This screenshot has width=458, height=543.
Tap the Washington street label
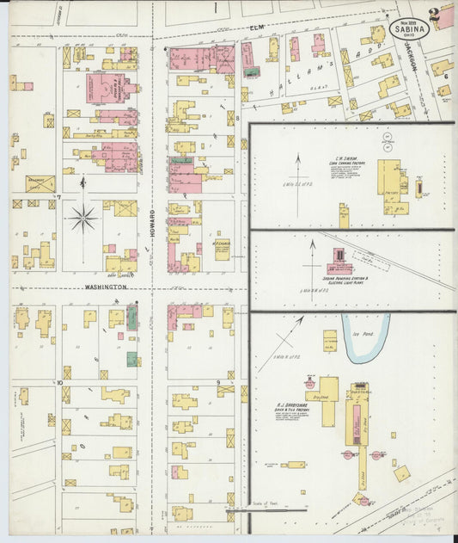(x=106, y=287)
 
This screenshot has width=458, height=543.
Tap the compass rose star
(x=83, y=218)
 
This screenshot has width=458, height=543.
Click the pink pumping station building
(x=338, y=259)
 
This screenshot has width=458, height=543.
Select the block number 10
(x=60, y=380)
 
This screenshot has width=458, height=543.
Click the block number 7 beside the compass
(x=58, y=197)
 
